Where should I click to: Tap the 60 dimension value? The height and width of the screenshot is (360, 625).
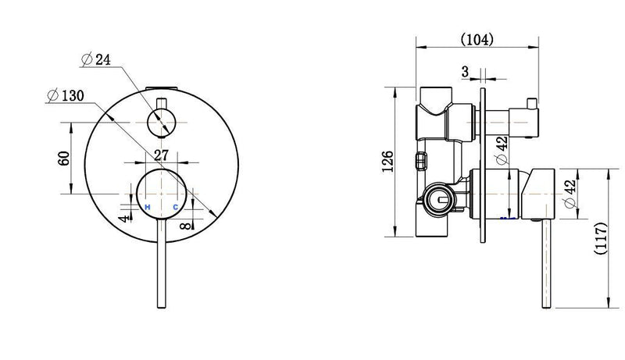tap(63, 158)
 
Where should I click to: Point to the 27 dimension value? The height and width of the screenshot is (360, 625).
tap(162, 155)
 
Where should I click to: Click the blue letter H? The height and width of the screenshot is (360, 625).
tap(147, 206)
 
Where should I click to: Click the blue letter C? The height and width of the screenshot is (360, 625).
tap(176, 206)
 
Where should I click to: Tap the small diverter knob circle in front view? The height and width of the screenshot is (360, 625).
tap(162, 123)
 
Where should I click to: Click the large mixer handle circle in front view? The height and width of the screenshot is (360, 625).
tap(161, 191)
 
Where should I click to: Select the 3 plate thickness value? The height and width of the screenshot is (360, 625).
tap(466, 72)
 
